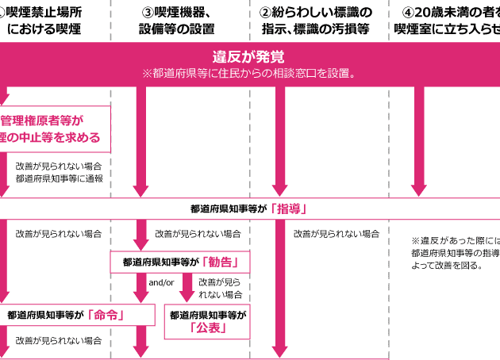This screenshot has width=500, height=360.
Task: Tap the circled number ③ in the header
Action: pyautogui.click(x=148, y=13)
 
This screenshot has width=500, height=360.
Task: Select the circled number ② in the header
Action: pyautogui.click(x=266, y=13)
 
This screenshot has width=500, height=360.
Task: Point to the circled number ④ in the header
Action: pyautogui.click(x=407, y=13)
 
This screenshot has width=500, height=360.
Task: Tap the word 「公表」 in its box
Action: pyautogui.click(x=209, y=327)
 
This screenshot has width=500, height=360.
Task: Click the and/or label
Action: pyautogui.click(x=161, y=283)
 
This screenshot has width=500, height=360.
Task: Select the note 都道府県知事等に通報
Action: pyautogui.click(x=59, y=179)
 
